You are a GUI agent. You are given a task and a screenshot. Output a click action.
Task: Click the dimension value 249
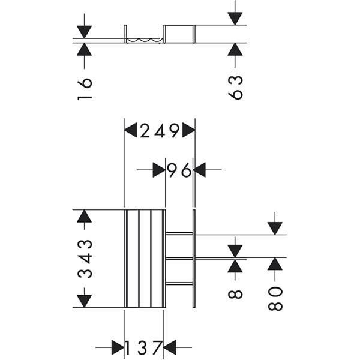[160, 130]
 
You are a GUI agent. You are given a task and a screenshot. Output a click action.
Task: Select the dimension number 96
[179, 170]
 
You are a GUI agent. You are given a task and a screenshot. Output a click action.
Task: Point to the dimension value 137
[143, 347]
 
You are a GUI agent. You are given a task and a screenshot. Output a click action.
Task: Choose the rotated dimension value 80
[275, 298]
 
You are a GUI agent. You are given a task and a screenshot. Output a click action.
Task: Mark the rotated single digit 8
[235, 294]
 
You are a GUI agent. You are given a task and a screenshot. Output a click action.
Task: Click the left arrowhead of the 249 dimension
[131, 130]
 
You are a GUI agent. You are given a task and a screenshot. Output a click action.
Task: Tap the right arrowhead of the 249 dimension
[188, 130]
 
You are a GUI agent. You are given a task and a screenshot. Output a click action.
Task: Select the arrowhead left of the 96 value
[159, 170]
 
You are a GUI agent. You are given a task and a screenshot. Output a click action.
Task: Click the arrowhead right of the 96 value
[200, 170]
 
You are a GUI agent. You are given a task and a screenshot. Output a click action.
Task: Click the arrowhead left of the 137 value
[118, 347]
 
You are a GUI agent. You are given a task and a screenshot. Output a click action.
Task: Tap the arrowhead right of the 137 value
[170, 347]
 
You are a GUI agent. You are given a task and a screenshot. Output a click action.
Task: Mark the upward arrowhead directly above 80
[275, 264]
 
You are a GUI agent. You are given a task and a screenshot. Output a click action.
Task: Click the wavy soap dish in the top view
[145, 40]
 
